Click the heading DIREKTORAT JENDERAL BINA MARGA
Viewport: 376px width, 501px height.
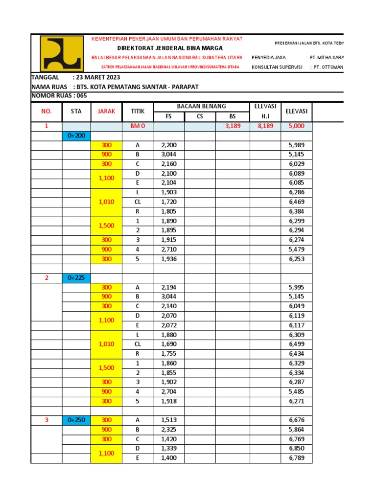(x=170, y=48)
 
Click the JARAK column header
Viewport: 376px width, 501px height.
(x=106, y=111)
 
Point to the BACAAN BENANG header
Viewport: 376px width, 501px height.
(x=201, y=106)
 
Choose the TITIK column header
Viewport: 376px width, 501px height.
(x=138, y=111)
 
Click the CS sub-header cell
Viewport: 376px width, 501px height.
(x=200, y=116)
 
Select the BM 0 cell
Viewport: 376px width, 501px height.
(x=138, y=126)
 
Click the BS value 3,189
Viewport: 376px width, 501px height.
(x=233, y=126)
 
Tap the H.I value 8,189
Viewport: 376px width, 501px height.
(x=265, y=126)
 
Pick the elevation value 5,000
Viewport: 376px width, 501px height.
(x=296, y=126)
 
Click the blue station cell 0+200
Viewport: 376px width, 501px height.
(x=76, y=136)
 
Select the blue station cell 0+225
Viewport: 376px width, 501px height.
(x=76, y=278)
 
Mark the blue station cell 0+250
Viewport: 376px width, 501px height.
(x=76, y=420)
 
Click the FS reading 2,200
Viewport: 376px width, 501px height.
(x=168, y=145)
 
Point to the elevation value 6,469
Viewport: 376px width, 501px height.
(x=296, y=202)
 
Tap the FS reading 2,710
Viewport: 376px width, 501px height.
(x=168, y=249)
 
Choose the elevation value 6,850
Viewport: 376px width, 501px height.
(x=296, y=449)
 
